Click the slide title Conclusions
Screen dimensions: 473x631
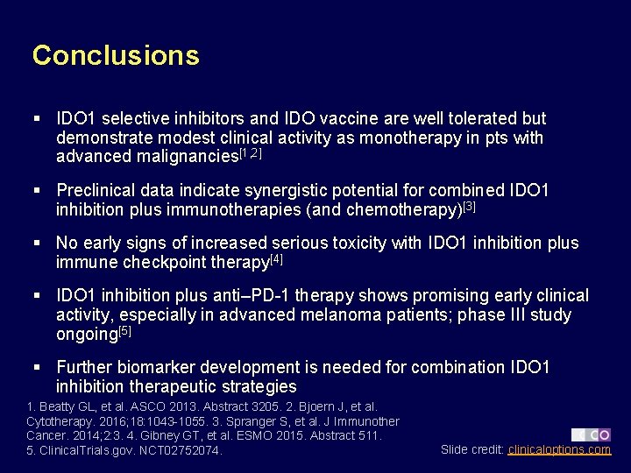point(116,55)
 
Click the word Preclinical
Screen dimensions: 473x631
point(100,190)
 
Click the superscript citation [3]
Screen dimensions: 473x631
point(469,206)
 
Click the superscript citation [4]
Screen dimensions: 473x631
point(276,258)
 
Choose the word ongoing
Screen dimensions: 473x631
point(86,334)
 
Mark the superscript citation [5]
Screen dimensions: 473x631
point(125,330)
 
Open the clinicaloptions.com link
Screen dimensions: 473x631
point(559,449)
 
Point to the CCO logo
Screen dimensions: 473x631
point(592,434)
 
